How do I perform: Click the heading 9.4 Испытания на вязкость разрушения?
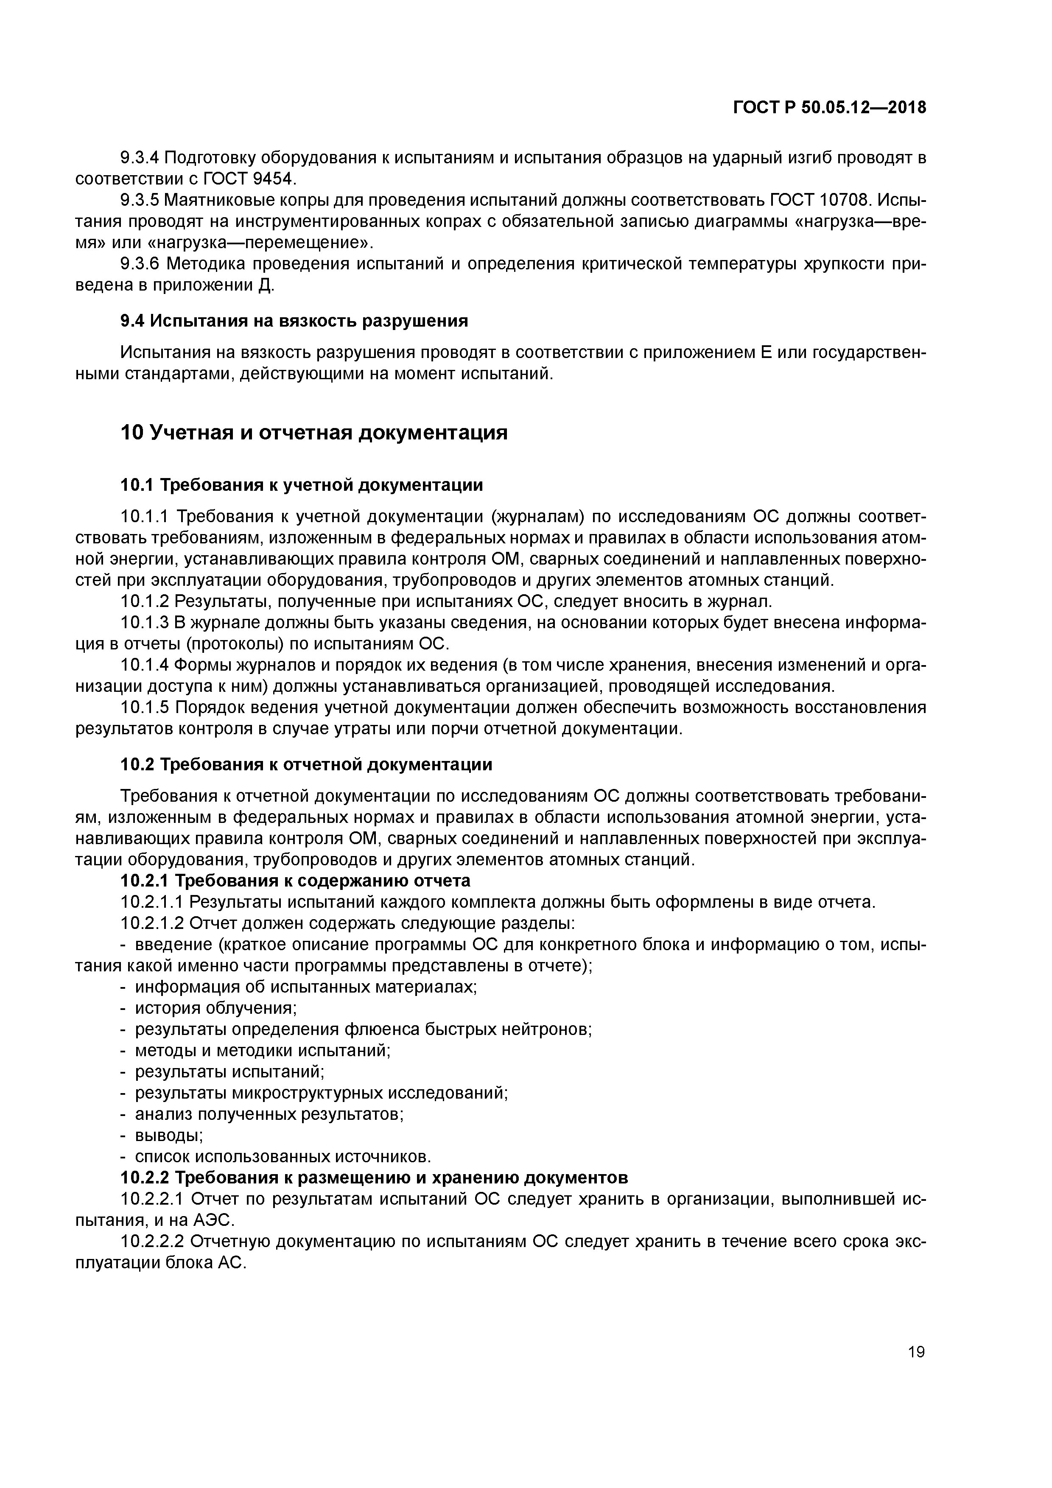294,321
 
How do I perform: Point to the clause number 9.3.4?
140,157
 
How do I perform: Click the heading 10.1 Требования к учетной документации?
302,485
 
